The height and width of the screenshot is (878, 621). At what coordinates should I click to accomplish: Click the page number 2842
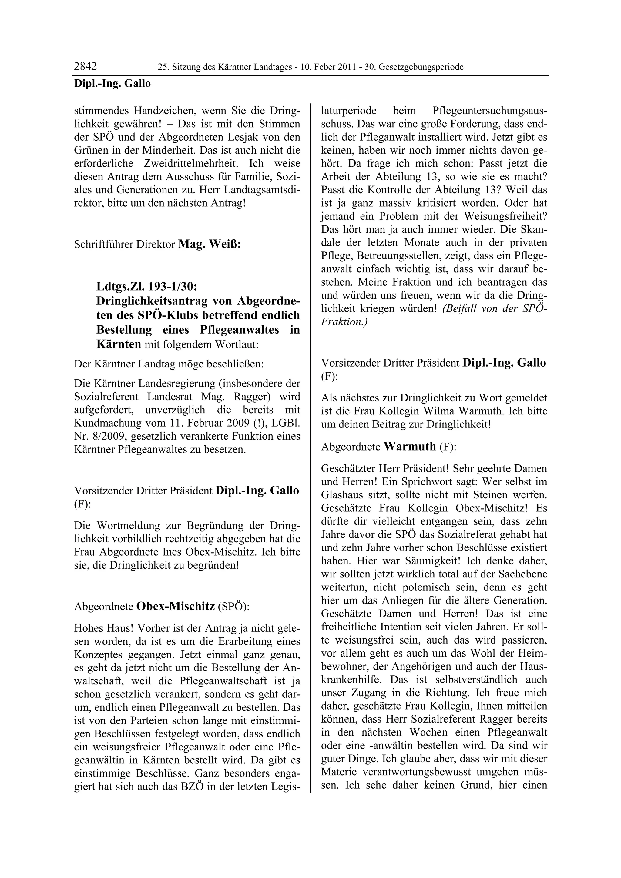[x=85, y=67]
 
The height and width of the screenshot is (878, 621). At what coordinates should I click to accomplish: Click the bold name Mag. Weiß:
[x=209, y=244]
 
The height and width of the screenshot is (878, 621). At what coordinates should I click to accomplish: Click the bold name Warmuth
[x=410, y=446]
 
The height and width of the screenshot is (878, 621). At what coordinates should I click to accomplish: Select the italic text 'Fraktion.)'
[x=344, y=322]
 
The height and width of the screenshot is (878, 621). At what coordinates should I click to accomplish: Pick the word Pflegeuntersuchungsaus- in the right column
[x=489, y=111]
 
